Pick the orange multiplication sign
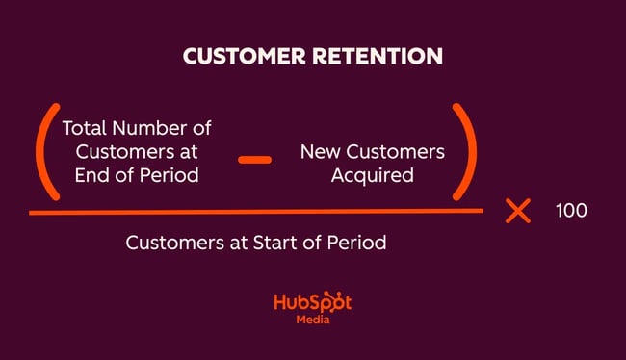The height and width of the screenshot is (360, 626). pos(518,211)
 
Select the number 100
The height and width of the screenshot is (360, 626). pos(571,211)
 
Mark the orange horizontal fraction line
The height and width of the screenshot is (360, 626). pos(255,211)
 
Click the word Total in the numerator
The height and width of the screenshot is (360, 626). pos(84,127)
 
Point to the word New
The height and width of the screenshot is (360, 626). pos(319,152)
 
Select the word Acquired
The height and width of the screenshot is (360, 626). pos(372,177)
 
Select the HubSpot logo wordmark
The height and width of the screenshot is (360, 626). pos(312,301)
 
